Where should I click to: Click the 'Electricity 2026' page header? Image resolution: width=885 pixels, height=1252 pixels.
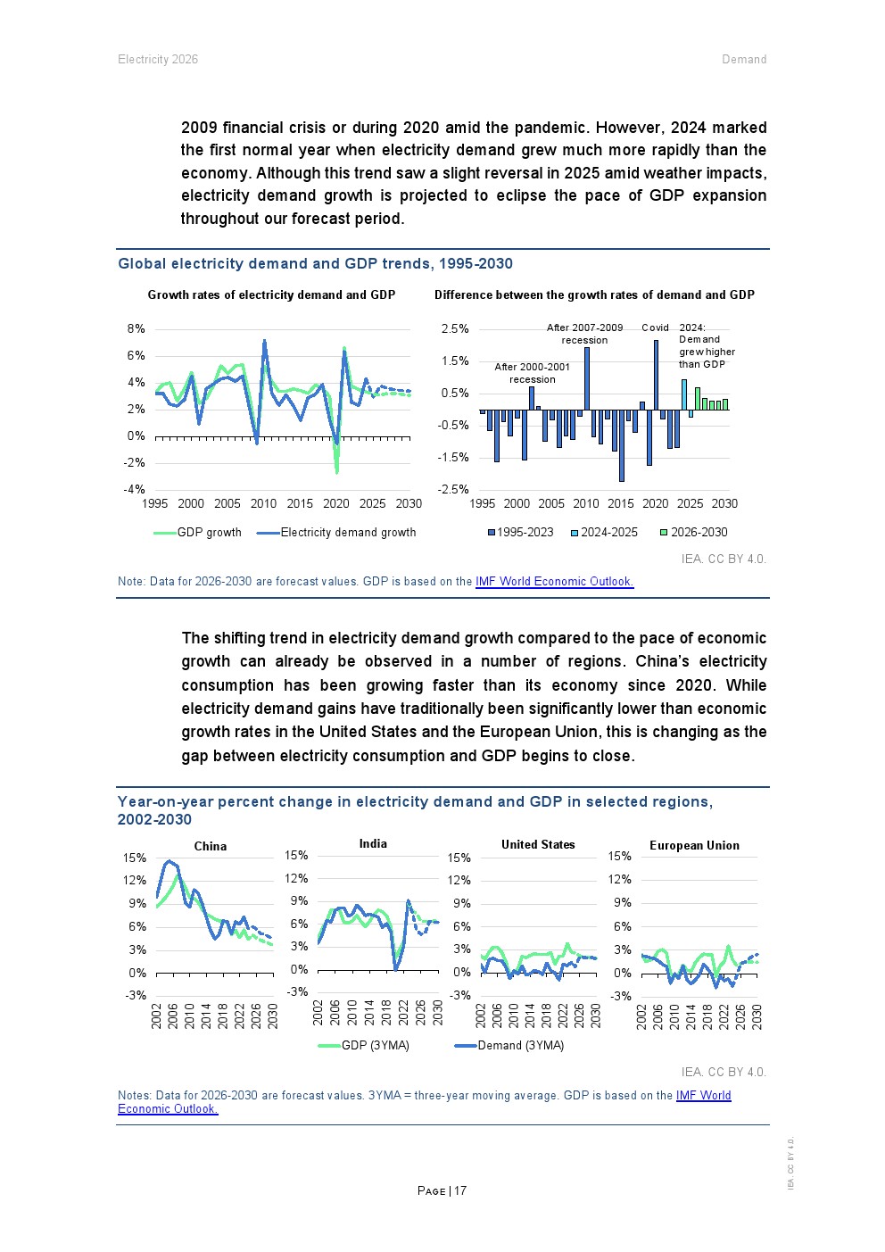tap(158, 60)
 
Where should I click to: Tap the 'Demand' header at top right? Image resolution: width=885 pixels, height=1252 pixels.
tap(744, 60)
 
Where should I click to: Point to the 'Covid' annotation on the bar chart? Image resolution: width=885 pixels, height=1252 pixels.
tap(655, 328)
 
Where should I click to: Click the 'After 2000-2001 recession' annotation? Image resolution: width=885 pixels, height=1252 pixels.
tap(532, 373)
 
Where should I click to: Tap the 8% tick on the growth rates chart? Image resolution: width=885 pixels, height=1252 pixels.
tap(136, 329)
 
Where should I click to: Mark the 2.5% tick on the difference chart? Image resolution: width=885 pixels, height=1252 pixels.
tap(454, 329)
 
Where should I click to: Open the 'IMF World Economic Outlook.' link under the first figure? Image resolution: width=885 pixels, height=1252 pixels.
tap(554, 582)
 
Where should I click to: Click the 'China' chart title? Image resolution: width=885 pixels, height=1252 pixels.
tap(211, 846)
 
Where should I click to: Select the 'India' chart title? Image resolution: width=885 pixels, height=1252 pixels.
tap(373, 843)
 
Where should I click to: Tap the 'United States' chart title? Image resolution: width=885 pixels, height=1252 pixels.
tap(538, 844)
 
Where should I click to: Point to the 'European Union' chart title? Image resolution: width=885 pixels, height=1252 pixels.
tap(694, 845)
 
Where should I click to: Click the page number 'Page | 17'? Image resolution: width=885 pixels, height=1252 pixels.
tap(442, 1190)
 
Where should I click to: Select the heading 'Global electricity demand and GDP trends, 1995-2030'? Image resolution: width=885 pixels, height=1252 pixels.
tap(315, 263)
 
